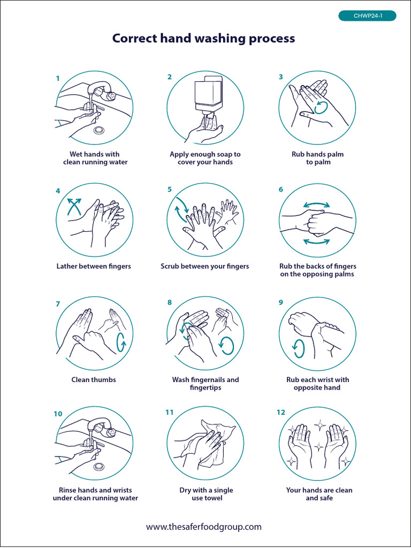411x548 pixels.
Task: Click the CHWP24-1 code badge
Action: [367, 16]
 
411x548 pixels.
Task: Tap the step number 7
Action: [58, 304]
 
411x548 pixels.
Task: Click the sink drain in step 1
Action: [99, 130]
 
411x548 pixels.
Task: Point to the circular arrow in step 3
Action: [322, 108]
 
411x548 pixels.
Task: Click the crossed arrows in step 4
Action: [74, 207]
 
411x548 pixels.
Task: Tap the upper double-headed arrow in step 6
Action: [316, 205]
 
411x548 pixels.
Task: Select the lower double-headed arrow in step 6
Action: [316, 241]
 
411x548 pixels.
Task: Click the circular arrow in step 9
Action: [299, 349]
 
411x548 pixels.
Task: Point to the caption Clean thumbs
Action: [94, 379]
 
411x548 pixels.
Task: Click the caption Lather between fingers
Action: [94, 267]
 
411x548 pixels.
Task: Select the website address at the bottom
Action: [204, 527]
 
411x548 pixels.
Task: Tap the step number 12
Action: [280, 413]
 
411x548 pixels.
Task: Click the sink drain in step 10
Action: [99, 466]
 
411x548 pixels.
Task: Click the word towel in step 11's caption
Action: [212, 498]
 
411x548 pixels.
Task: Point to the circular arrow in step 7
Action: [122, 342]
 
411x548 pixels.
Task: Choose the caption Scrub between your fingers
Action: [205, 267]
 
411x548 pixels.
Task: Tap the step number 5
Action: [170, 189]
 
